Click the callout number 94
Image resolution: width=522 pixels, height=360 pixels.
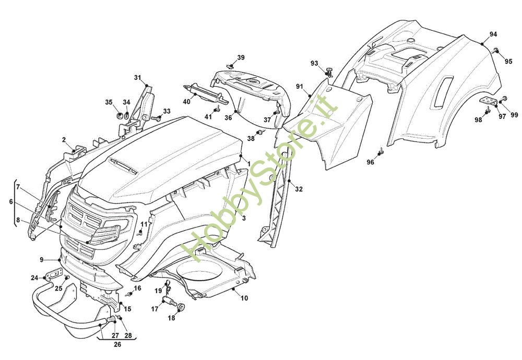tap(493, 34)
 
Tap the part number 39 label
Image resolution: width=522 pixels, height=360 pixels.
tap(241, 57)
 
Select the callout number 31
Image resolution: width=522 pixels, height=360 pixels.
tap(138, 78)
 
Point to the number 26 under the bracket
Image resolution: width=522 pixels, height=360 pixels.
tap(117, 344)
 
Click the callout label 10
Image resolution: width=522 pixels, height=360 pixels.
tap(244, 298)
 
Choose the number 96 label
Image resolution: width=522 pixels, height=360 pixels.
tap(370, 162)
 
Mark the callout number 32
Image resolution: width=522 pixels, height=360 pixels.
tap(299, 189)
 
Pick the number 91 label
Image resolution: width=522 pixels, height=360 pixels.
tap(300, 87)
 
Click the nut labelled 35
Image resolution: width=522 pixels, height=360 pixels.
tap(119, 115)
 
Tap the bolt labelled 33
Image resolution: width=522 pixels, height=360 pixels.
tap(156, 118)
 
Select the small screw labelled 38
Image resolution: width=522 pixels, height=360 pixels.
tap(262, 133)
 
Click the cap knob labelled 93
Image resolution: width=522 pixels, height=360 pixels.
tap(329, 71)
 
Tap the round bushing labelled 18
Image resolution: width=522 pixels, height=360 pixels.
tap(182, 307)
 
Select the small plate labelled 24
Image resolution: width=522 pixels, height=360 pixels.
tap(54, 274)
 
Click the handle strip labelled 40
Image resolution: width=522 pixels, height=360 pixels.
tap(206, 94)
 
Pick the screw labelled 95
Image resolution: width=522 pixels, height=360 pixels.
tap(496, 50)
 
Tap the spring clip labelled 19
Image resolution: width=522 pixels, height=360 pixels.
tap(169, 286)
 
